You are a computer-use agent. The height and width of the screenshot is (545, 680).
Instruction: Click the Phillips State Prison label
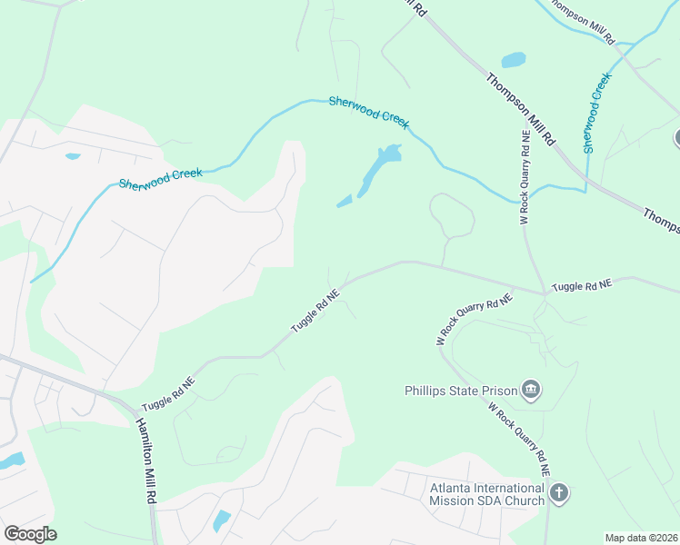click(x=459, y=391)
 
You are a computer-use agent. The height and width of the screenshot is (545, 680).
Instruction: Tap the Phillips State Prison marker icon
click(x=531, y=391)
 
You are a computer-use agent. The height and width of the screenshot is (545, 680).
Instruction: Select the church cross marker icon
click(x=559, y=494)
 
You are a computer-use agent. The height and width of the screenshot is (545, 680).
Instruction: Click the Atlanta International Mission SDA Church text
click(x=486, y=493)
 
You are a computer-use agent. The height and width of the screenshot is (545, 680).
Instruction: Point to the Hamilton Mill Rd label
click(x=145, y=463)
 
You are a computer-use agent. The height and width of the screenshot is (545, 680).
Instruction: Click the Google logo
click(x=30, y=534)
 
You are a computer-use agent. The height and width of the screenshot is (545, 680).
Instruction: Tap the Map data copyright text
click(x=641, y=538)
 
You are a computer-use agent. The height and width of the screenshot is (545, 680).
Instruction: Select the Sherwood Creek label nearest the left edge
click(x=160, y=177)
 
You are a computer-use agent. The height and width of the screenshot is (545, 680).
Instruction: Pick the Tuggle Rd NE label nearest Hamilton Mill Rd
click(x=168, y=395)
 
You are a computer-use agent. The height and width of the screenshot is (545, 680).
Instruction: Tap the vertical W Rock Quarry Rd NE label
click(x=525, y=178)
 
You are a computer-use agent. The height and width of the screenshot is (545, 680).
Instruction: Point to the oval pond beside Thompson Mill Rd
click(x=514, y=61)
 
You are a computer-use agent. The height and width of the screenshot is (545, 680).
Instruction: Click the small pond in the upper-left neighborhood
click(x=73, y=156)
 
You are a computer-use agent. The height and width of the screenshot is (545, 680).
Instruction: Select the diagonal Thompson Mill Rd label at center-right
click(x=520, y=108)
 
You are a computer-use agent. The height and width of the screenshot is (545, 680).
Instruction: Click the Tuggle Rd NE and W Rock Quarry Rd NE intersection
click(x=545, y=292)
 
